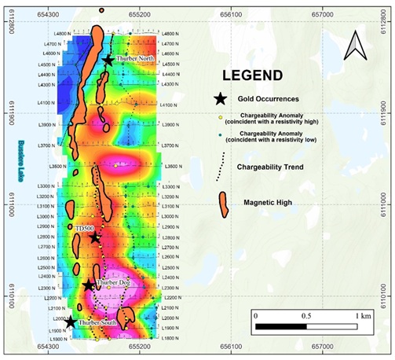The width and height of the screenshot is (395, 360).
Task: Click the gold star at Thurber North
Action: pos(108,61)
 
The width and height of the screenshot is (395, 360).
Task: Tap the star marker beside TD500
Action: pos(95,237)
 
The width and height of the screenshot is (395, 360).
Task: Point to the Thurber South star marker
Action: pos(71,321)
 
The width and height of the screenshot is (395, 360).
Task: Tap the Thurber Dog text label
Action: pos(113,282)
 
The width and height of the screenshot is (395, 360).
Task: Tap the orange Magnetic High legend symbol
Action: pos(222,204)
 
